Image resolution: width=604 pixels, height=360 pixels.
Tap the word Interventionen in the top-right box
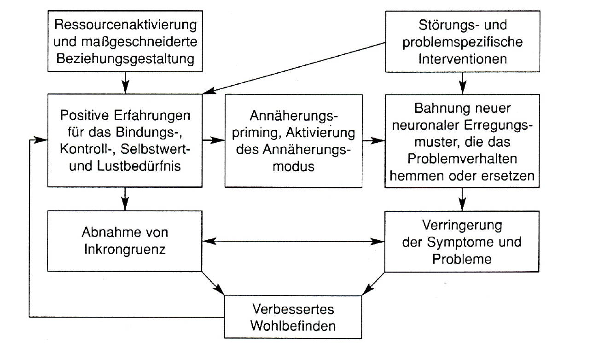(x=463, y=59)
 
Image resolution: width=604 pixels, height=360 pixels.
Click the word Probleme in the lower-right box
(x=463, y=259)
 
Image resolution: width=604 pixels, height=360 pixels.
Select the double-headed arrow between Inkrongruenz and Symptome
(x=293, y=241)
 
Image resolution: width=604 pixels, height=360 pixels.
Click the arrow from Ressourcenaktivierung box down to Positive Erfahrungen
(x=126, y=83)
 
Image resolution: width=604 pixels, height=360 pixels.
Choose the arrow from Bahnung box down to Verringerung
(x=463, y=199)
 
